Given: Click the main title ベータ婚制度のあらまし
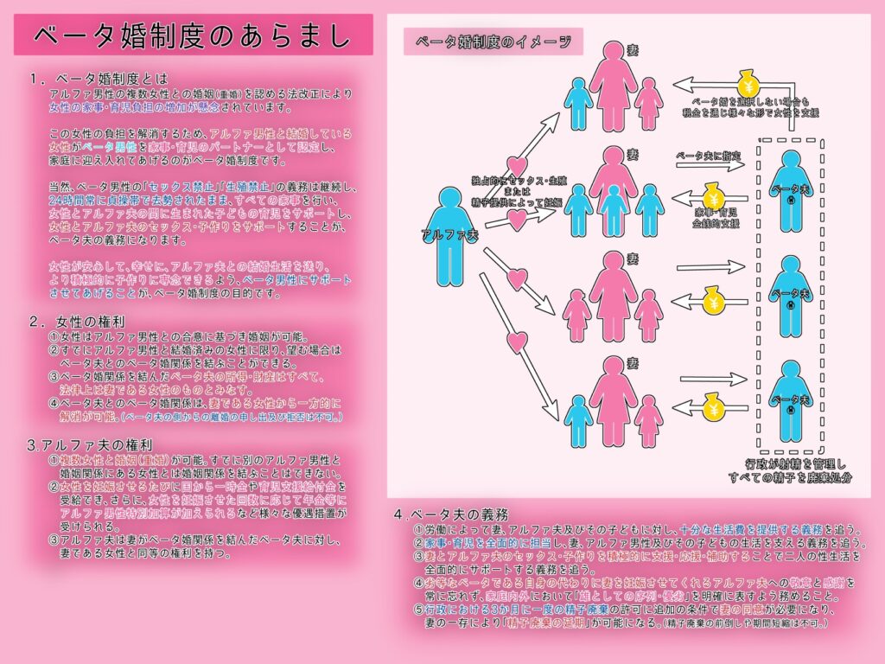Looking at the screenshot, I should tap(193, 35).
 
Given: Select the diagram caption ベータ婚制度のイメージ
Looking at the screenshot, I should tap(493, 41).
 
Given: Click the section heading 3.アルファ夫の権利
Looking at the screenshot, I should tap(79, 445).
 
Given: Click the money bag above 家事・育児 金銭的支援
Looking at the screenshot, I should tap(711, 195).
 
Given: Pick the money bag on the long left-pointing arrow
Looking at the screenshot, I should tap(747, 84).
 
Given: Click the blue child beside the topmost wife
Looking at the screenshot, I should tap(578, 103).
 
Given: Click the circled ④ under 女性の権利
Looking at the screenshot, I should tap(54, 402).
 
